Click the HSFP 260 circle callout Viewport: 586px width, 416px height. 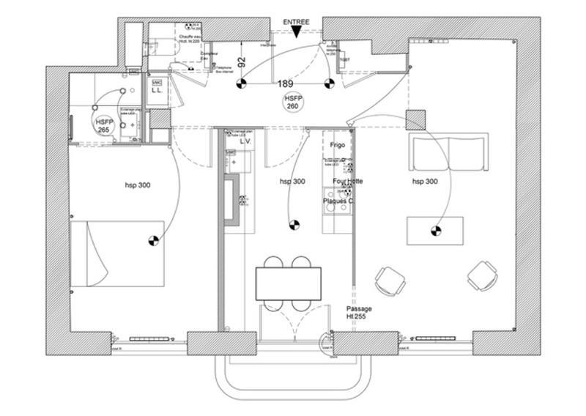tap(293, 102)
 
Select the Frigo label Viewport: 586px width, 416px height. tap(338, 146)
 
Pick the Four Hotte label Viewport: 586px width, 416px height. tap(347, 181)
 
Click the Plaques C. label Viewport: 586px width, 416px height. tap(339, 201)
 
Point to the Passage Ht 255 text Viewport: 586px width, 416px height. tap(359, 313)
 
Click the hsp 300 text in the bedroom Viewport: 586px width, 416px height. tap(137, 185)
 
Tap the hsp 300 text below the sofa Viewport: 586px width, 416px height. tap(425, 181)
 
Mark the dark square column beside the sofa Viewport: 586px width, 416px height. tap(415, 119)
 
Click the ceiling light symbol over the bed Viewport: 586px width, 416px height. tap(152, 239)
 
